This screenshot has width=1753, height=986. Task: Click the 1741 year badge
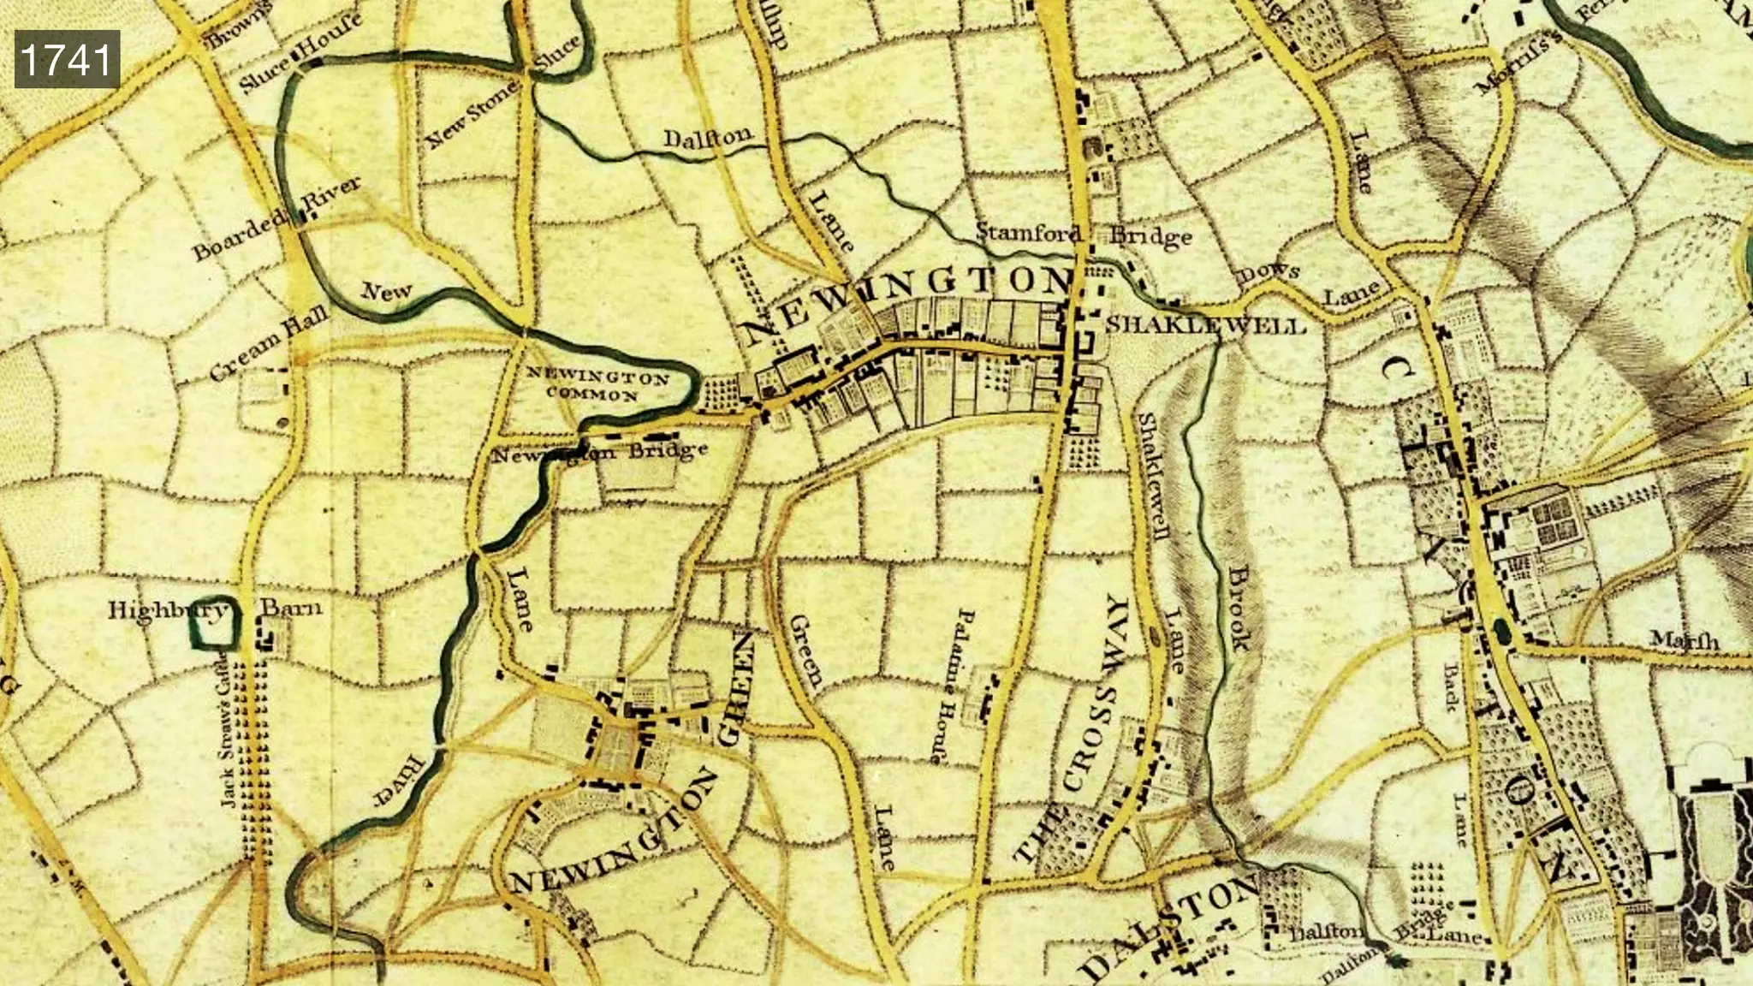[66, 59]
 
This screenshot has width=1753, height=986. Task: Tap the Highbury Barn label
[215, 609]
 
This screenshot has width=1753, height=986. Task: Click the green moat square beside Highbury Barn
[211, 624]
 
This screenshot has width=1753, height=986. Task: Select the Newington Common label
[597, 385]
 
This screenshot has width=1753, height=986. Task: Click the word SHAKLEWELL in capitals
[1206, 325]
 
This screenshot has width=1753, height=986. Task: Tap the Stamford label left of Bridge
[1028, 232]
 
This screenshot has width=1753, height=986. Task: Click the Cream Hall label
[270, 344]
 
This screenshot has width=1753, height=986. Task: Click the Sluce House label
[300, 54]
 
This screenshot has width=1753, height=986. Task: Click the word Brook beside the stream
[1239, 608]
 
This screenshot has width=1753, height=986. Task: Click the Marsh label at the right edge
[1683, 639]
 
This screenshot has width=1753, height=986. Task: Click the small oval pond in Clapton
[1502, 632]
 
